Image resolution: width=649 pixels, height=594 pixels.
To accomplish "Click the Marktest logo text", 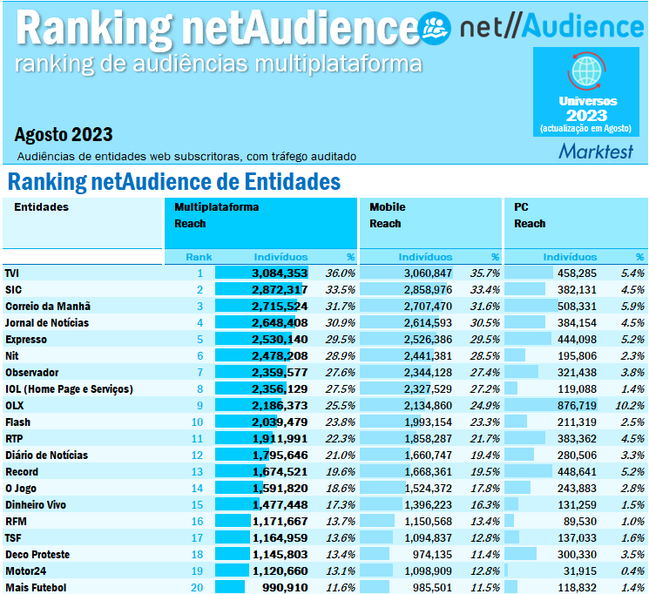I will click(596, 152).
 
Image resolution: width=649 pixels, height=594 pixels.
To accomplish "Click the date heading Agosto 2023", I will click(64, 135).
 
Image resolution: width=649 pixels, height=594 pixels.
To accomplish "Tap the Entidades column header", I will click(41, 207).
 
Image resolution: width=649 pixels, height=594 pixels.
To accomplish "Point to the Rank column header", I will click(199, 257).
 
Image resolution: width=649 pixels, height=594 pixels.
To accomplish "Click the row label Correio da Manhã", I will click(48, 307).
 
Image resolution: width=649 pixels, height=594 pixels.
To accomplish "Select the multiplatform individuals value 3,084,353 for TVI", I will click(280, 273).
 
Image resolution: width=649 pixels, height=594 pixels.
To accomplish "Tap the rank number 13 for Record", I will click(197, 472).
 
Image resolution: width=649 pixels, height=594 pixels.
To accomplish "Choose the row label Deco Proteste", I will click(37, 555).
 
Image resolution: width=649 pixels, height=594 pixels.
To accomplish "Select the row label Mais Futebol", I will click(35, 588).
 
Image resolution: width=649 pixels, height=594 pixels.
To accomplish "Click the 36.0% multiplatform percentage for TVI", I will click(340, 273).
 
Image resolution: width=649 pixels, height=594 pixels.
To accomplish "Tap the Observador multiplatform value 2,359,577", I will click(280, 373).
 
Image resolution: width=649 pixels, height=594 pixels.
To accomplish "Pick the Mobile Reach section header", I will click(388, 215).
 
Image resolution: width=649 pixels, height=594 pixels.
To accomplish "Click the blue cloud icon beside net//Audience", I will click(435, 27).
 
